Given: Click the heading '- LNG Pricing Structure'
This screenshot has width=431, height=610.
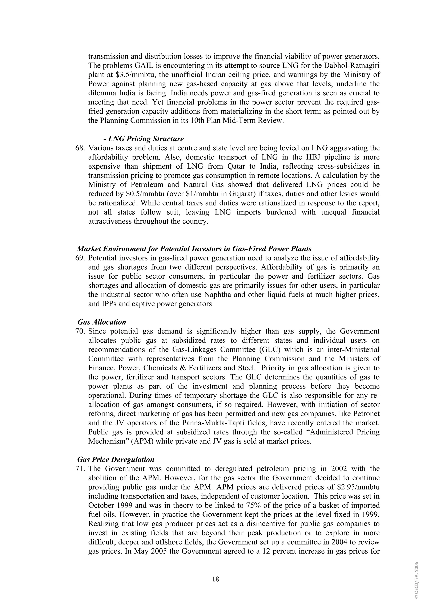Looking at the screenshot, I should [144, 139].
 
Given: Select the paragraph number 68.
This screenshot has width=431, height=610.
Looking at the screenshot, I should [80, 148].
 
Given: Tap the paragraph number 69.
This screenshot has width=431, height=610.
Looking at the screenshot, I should [80, 258].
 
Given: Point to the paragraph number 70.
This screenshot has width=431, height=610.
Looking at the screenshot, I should [80, 331].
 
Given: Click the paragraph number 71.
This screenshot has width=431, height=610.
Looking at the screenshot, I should [80, 469].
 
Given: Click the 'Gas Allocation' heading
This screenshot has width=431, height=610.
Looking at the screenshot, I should [102, 322].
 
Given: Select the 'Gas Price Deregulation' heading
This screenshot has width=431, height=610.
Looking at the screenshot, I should [116, 460].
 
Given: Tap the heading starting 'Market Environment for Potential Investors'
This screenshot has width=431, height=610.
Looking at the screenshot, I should [194, 249].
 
